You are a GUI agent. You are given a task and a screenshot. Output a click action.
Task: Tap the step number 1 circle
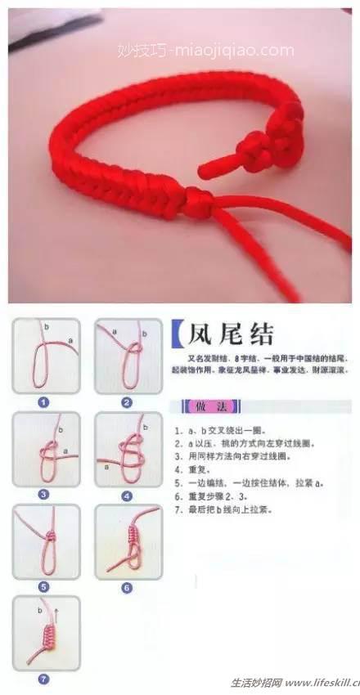pyautogui.click(x=44, y=402)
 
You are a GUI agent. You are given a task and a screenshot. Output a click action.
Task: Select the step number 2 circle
pyautogui.click(x=127, y=402)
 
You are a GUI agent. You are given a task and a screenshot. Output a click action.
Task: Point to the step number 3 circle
pyautogui.click(x=44, y=494)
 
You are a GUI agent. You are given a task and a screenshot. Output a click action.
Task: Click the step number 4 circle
pyautogui.click(x=127, y=495)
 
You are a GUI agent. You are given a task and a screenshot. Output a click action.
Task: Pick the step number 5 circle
pyautogui.click(x=44, y=586)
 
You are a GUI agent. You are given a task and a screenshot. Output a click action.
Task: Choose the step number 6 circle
pyautogui.click(x=127, y=586)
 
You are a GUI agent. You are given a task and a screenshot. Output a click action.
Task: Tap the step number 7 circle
pyautogui.click(x=44, y=679)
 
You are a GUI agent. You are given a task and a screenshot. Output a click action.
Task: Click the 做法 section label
pyautogui.click(x=201, y=406)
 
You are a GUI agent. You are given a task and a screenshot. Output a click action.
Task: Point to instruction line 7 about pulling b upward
pyautogui.click(x=225, y=509)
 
